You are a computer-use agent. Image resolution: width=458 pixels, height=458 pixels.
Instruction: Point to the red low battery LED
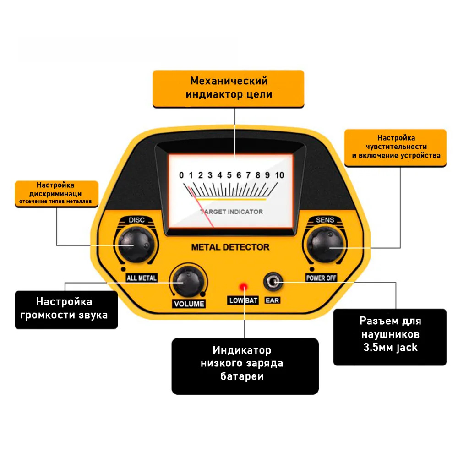point(243,287)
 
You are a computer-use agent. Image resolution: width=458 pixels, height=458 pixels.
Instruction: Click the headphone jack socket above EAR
point(273,282)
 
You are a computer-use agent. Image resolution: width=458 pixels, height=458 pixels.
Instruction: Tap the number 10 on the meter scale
point(279,175)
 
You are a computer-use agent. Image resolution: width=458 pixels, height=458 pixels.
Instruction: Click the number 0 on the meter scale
point(181,175)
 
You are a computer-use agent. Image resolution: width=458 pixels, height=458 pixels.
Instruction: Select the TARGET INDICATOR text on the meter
point(232,212)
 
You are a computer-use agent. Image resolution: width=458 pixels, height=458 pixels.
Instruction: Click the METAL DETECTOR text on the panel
point(230,247)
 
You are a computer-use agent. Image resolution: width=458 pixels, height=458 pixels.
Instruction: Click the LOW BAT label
point(243,300)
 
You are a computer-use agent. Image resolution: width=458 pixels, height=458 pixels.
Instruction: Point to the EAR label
point(273,300)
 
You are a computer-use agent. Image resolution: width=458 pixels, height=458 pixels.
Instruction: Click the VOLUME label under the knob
point(188,304)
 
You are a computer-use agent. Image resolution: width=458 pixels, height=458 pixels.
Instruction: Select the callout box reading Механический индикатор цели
point(228,88)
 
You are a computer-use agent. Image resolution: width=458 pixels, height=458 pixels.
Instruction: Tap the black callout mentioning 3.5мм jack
point(390,337)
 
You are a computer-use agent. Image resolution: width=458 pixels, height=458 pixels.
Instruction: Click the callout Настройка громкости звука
point(66,309)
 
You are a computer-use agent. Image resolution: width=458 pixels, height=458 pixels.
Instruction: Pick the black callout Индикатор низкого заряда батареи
point(245,365)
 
